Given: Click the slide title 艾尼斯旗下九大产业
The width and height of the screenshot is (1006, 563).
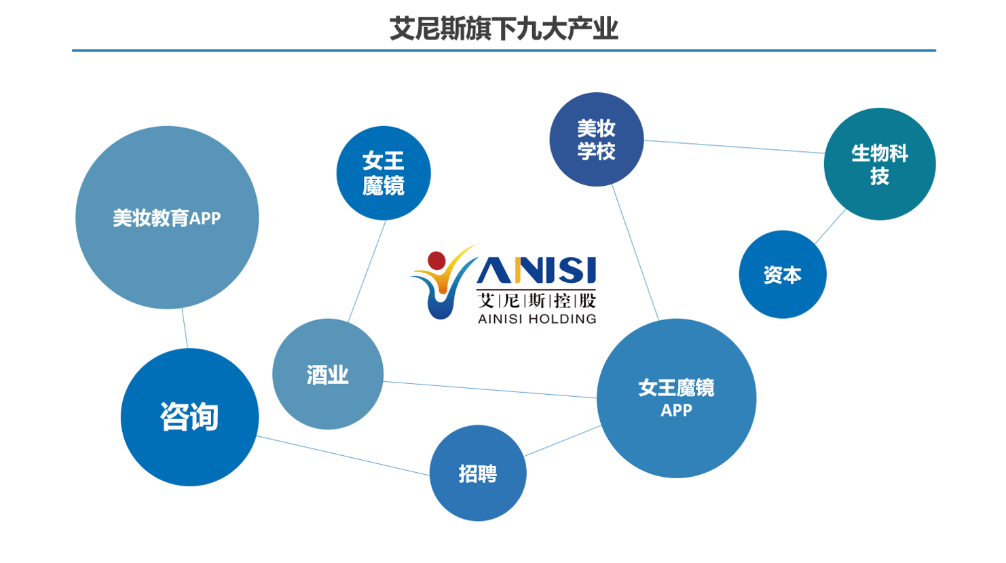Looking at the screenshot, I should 503,29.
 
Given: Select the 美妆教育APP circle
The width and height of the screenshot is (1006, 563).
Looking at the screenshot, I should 167,218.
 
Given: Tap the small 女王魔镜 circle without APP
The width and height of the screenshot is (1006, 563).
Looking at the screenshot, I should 384,173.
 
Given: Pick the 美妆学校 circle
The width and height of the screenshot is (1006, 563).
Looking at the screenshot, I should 596,140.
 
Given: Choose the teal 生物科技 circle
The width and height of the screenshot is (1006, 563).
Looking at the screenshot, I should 879,164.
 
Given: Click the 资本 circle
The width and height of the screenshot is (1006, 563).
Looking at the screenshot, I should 782,275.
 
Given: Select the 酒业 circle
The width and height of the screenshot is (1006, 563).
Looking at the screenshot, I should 328,374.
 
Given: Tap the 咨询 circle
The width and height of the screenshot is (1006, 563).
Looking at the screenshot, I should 189,417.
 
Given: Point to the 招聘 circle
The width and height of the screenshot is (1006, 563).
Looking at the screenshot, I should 478,473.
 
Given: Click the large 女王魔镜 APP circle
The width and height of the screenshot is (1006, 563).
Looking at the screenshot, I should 676,398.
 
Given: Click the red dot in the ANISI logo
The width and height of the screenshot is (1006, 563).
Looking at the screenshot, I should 436,260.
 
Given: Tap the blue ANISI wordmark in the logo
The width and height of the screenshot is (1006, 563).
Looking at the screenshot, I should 536,271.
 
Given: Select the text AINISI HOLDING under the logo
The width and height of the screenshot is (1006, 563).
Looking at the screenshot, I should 537,319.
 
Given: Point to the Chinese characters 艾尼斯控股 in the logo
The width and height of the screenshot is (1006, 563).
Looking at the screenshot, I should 536,300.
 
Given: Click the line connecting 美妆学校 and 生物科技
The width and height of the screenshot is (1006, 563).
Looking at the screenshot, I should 733,147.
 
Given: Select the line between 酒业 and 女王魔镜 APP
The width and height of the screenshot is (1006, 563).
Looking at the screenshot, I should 489,390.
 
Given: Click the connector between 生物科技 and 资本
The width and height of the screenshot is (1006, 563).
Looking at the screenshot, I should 830,226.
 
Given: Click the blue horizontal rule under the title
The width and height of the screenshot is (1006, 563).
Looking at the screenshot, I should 503,50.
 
